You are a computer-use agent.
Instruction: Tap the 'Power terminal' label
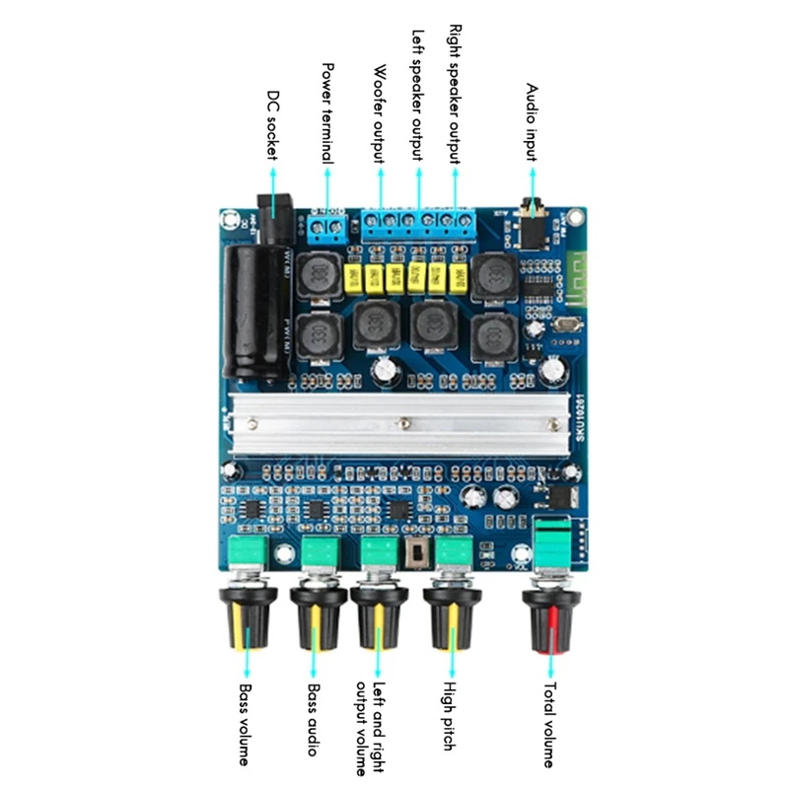point(328,113)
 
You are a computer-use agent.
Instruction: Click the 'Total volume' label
point(549,725)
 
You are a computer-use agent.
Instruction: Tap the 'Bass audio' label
point(313,720)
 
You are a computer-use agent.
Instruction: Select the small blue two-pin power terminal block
point(328,228)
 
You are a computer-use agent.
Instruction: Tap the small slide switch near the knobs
point(416,555)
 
